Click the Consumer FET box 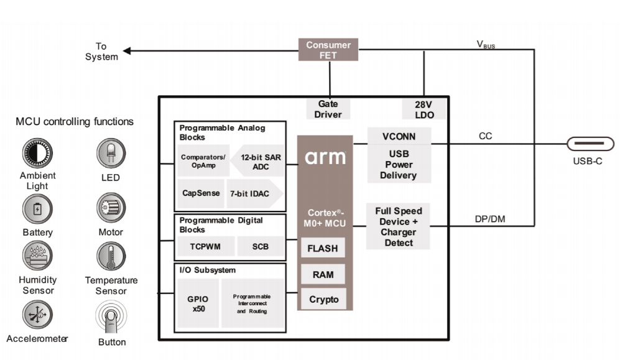[328, 50]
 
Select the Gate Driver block [328, 109]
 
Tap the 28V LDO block [423, 109]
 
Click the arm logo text [325, 157]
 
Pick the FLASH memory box [323, 249]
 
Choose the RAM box [323, 274]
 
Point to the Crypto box [323, 300]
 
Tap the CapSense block [201, 193]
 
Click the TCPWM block [205, 246]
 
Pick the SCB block [261, 246]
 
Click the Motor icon [111, 207]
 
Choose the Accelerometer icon [37, 315]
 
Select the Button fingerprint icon [111, 318]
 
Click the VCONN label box [398, 136]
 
